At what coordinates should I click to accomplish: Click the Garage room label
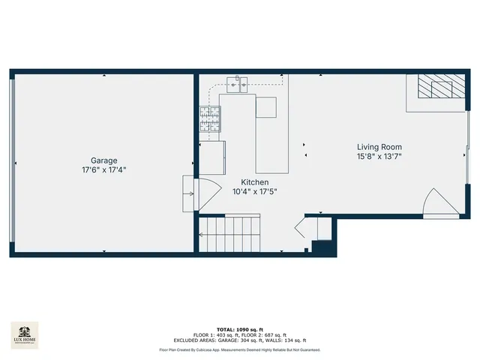(103, 160)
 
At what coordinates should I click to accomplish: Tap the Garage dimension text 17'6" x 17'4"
(103, 170)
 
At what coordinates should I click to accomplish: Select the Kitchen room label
(254, 182)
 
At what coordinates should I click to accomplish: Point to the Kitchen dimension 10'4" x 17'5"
(254, 192)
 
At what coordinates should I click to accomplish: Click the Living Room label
(379, 147)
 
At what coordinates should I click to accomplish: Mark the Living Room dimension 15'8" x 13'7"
(379, 157)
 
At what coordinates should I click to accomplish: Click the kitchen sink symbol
(241, 82)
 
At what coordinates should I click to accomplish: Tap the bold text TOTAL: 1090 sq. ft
(239, 329)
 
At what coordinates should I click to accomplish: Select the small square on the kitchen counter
(265, 107)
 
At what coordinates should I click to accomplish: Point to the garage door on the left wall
(12, 163)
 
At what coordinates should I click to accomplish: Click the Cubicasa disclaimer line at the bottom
(239, 349)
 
